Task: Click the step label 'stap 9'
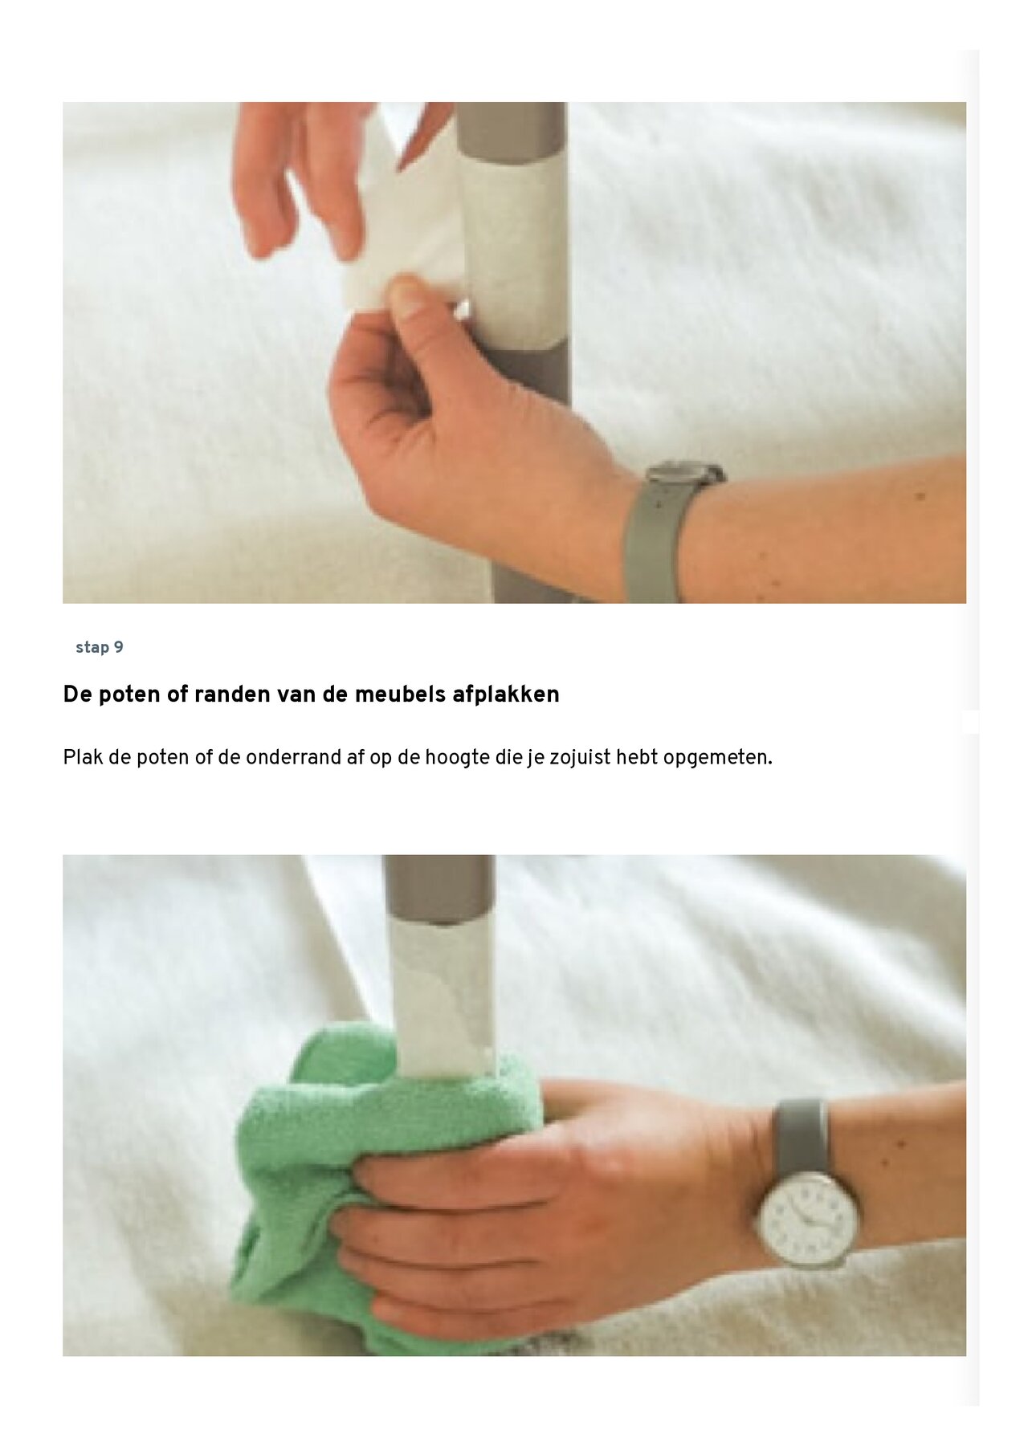click(x=100, y=648)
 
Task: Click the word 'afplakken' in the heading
click(x=505, y=694)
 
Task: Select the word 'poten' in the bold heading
click(x=129, y=694)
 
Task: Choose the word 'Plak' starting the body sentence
click(x=83, y=758)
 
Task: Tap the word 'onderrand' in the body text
click(x=294, y=758)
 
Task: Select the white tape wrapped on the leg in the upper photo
click(x=514, y=257)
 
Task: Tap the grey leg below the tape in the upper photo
click(x=534, y=482)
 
